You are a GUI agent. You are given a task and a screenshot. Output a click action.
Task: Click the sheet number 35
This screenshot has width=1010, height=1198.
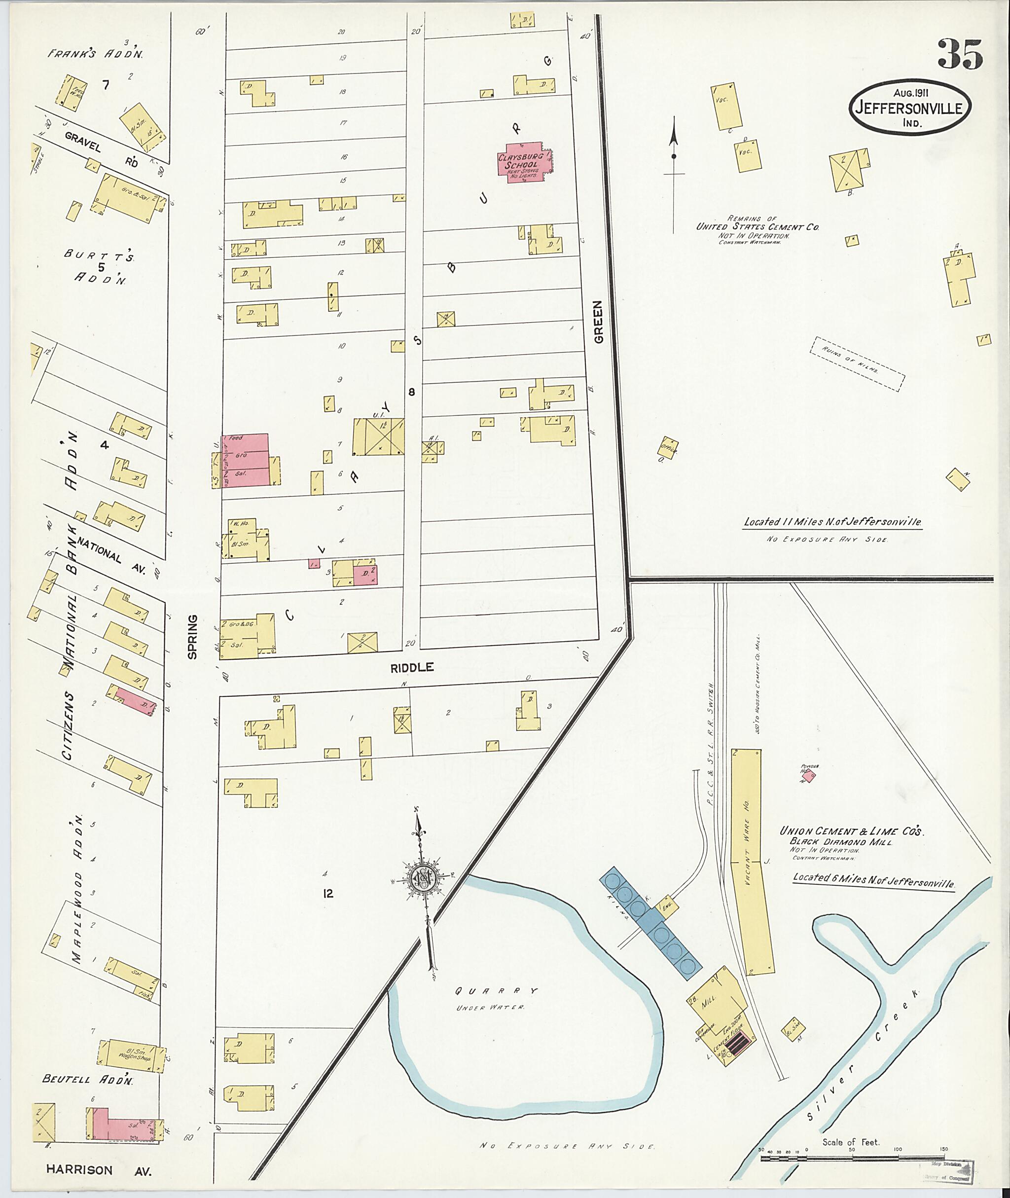(960, 54)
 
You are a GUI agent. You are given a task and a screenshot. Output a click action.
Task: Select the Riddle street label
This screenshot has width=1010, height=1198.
(412, 667)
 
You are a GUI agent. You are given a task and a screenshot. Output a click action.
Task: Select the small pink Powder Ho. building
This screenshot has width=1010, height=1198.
(811, 777)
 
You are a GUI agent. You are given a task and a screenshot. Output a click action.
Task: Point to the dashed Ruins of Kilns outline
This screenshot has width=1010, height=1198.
(857, 363)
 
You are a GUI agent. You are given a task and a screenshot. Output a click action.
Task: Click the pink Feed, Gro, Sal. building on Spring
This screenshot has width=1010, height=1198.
(245, 459)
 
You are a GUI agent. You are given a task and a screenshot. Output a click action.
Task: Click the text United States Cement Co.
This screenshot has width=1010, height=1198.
(757, 227)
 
